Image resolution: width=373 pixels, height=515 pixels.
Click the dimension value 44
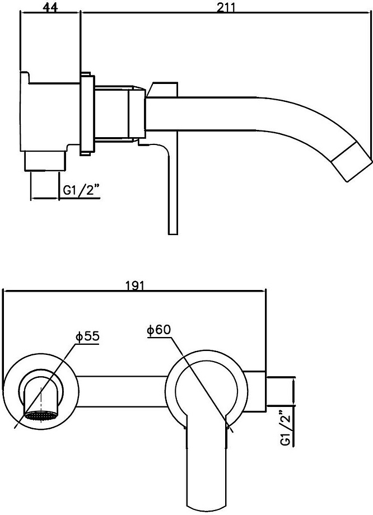click(x=50, y=8)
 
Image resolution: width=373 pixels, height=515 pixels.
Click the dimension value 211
click(x=226, y=8)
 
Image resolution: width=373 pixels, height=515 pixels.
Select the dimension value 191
click(x=135, y=285)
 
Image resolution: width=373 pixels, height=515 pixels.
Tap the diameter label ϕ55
click(x=87, y=336)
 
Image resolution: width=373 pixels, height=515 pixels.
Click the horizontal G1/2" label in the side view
click(x=81, y=191)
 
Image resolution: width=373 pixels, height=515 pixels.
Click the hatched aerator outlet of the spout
click(x=40, y=416)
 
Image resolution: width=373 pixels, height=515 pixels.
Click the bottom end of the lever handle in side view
click(x=173, y=234)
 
